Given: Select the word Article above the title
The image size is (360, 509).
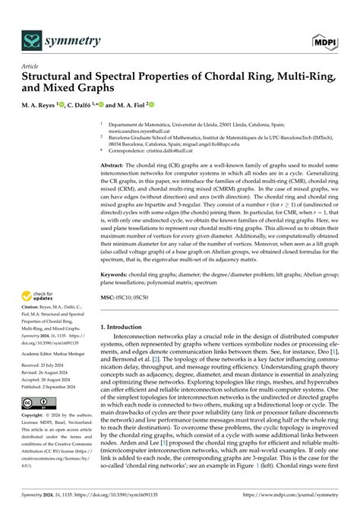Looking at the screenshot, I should pos(30,66).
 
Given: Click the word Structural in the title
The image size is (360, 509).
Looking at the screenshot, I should pos(54,77).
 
